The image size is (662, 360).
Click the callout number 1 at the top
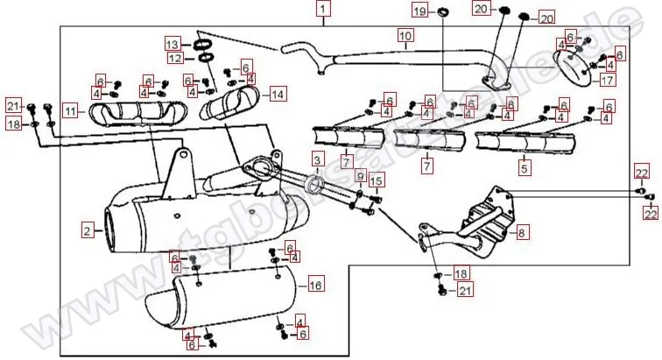coord(324,11)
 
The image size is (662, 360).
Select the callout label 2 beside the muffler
coord(87,231)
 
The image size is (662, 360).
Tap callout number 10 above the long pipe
coord(405,36)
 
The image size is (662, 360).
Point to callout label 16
coord(316,285)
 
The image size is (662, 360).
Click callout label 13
coord(173,45)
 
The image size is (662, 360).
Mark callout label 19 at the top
coord(419,11)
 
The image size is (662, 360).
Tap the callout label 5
coord(524,166)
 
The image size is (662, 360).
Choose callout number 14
coord(278,93)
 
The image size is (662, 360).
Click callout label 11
coord(70,111)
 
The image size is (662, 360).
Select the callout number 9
coord(359,176)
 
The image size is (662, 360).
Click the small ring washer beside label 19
coord(444,11)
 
